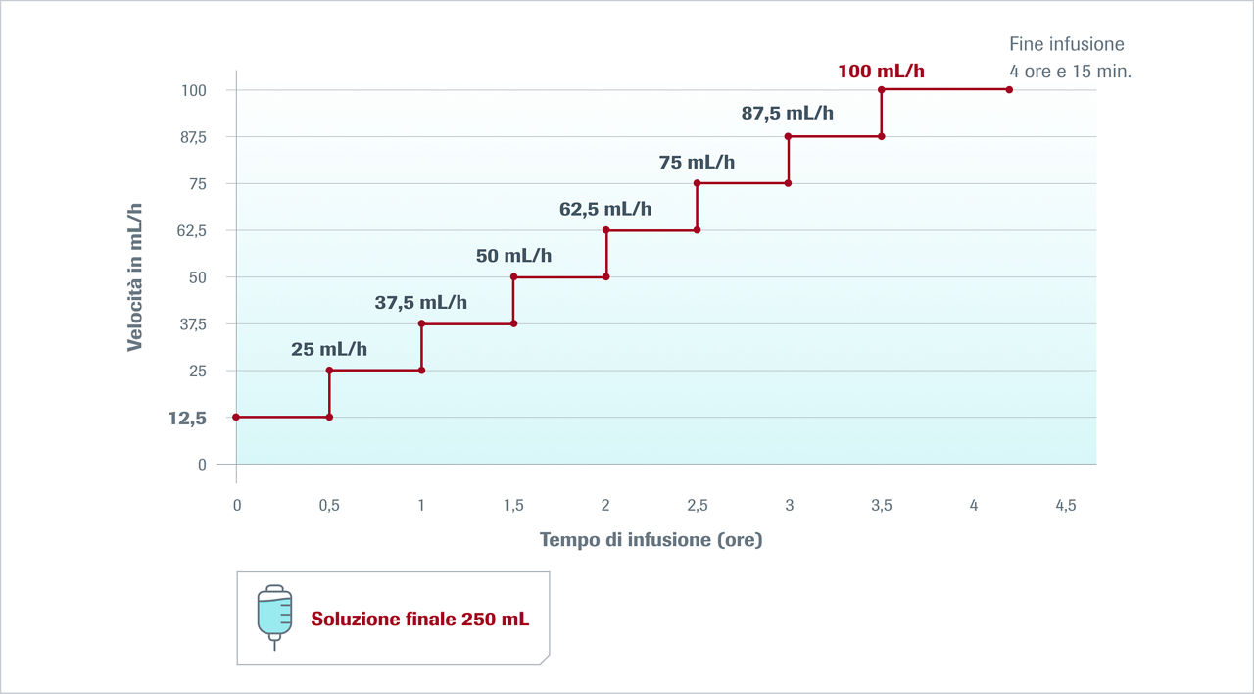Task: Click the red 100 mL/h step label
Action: (881, 71)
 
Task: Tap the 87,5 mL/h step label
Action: (787, 113)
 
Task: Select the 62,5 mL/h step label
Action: (604, 209)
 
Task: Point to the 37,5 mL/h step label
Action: (421, 303)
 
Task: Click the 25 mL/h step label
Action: (329, 349)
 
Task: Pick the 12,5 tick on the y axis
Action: (187, 418)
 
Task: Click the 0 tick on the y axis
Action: (202, 465)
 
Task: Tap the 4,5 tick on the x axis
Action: (1065, 505)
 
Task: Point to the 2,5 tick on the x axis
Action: (697, 505)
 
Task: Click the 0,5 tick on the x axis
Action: (329, 505)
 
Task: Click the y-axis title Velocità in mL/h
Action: (135, 277)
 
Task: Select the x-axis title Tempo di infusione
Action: (651, 540)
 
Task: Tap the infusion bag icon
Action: (274, 618)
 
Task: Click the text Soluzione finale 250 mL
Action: (420, 620)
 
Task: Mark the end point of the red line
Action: (1009, 90)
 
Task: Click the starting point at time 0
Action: (236, 418)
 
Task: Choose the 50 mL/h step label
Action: (513, 256)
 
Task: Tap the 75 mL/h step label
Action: (697, 162)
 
